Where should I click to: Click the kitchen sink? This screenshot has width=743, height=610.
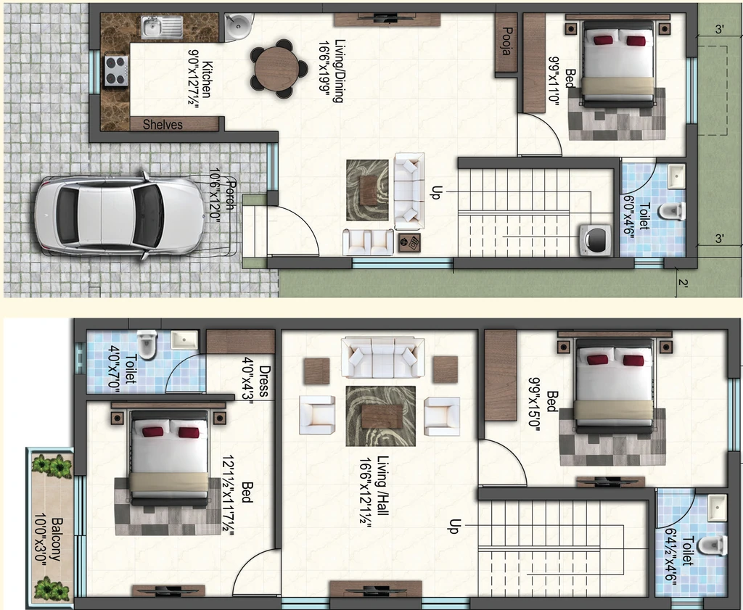(x=162, y=27)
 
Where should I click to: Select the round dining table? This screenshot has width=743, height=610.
(x=277, y=69)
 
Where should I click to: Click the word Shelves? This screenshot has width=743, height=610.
(x=163, y=125)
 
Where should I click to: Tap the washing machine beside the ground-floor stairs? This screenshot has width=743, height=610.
(x=596, y=240)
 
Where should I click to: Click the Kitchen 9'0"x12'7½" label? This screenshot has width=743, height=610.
(x=200, y=78)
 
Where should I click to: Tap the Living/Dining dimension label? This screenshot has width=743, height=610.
(x=330, y=70)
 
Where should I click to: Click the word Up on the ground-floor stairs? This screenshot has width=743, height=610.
(x=436, y=191)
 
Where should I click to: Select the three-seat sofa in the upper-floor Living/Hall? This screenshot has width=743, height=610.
(x=383, y=358)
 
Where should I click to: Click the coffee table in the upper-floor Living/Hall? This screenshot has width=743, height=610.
(x=381, y=416)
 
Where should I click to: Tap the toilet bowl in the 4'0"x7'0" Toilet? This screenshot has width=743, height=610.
(x=147, y=344)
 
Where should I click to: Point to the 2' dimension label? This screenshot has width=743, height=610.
(x=683, y=283)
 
